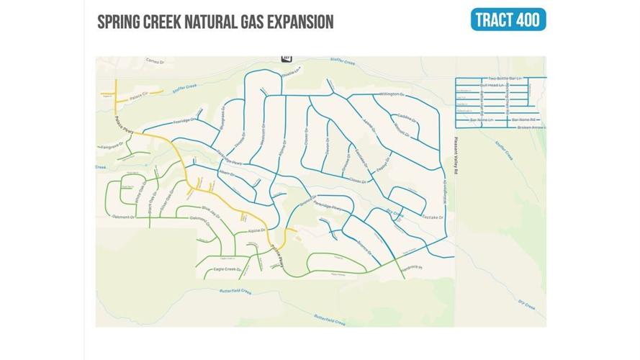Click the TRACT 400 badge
[x=508, y=19]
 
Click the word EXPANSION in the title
[x=294, y=22]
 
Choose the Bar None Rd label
[x=524, y=119]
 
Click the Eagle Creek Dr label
[x=227, y=269]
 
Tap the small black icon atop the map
[x=287, y=56]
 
